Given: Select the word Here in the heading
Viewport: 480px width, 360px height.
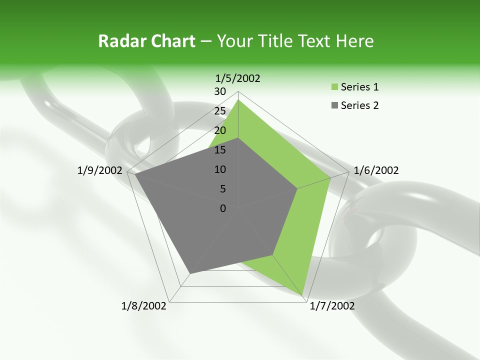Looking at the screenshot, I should coord(355,41).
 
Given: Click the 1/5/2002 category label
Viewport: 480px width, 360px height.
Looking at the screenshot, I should coord(238,78).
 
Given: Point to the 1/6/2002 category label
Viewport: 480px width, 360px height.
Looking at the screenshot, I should coord(376,170).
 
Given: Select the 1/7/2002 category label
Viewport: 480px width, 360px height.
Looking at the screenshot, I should coord(332,306).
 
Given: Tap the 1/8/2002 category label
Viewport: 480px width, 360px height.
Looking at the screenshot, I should coord(144,306).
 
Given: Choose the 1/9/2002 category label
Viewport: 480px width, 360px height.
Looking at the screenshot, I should coord(100,170).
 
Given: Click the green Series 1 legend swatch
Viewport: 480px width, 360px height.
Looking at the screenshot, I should coord(334,87).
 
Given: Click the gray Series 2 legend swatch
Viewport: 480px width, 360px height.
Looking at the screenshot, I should coord(334,105).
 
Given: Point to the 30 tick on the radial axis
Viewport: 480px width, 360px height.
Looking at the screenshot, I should coord(220,91).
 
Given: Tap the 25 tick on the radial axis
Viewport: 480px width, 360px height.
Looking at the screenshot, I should coord(220,111).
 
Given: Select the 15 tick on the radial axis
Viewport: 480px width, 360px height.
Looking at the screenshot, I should coord(220,150).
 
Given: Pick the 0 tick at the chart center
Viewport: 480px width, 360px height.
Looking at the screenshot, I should coord(223,208).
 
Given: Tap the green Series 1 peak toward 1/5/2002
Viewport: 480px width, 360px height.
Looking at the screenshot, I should coord(238,99).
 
